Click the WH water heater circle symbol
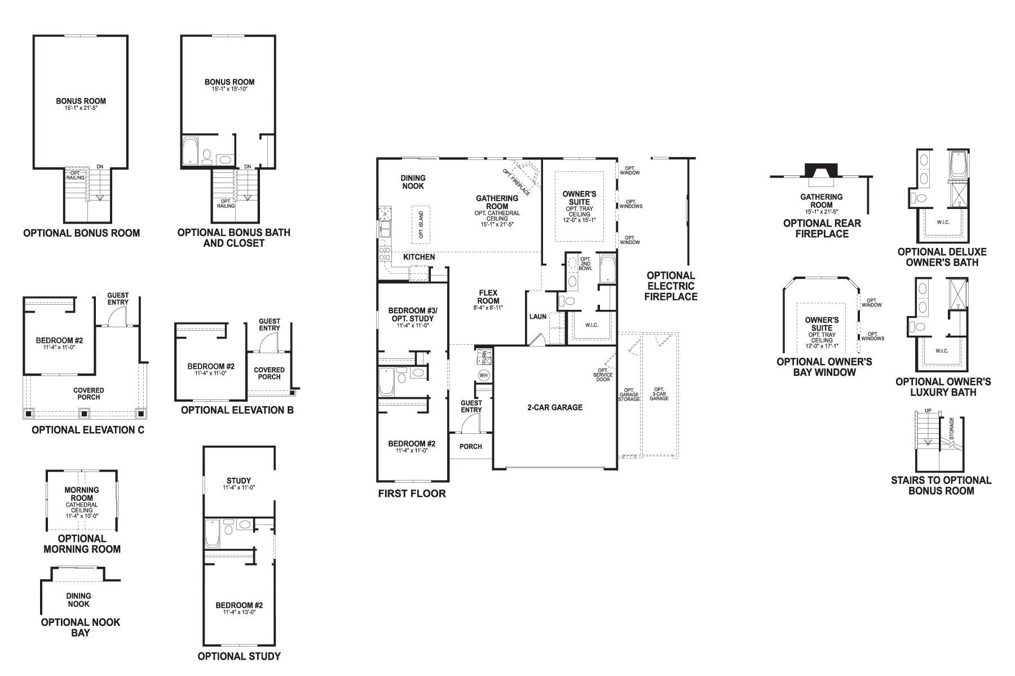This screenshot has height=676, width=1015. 483,375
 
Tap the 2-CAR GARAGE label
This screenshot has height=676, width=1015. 555,407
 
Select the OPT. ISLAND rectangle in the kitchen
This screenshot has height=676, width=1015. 421,224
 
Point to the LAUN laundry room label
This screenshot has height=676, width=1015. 537,317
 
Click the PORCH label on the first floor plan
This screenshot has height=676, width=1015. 470,447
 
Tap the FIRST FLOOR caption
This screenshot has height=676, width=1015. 412,493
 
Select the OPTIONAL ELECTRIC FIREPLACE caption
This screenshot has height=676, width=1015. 670,286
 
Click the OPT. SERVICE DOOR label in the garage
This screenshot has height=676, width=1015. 602,375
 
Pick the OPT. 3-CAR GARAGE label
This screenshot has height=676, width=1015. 659,394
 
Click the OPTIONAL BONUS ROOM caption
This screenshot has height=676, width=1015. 81,233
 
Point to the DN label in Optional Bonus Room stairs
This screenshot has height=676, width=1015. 100,166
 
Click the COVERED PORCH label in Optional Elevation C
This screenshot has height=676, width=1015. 89,393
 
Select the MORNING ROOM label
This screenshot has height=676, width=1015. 82,493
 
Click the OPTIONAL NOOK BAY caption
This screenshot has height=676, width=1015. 81,627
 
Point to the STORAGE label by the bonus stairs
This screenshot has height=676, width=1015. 952,429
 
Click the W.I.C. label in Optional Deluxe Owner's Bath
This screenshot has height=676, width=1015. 943,222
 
